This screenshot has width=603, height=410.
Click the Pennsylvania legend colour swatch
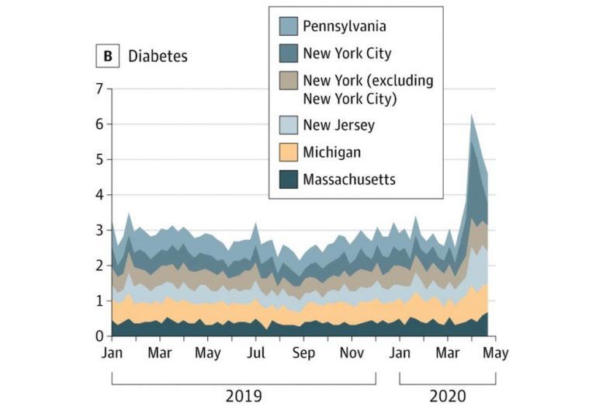tap(287, 26)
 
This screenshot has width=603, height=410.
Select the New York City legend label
tap(347, 54)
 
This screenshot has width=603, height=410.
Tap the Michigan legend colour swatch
tap(287, 152)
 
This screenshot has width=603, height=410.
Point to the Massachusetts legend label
tap(349, 179)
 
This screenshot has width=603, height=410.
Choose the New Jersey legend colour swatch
tap(287, 124)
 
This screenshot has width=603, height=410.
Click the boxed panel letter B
tap(106, 56)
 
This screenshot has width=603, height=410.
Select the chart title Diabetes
tap(158, 56)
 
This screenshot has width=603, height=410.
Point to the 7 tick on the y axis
tap(98, 89)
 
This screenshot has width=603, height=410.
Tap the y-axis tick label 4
tap(98, 195)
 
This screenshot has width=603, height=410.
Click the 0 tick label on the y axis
tap(98, 336)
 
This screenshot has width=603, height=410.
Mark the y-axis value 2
tap(98, 266)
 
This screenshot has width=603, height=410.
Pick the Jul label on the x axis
tap(255, 353)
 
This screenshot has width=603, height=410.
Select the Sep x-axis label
tap(303, 353)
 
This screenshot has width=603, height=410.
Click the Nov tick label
tap(352, 353)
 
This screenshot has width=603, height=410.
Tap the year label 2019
tap(244, 396)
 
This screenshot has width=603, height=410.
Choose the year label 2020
tap(448, 396)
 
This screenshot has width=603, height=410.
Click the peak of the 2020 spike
tap(471, 115)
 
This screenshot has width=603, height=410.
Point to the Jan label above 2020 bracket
tap(400, 353)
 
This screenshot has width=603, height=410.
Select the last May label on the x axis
tap(496, 353)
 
